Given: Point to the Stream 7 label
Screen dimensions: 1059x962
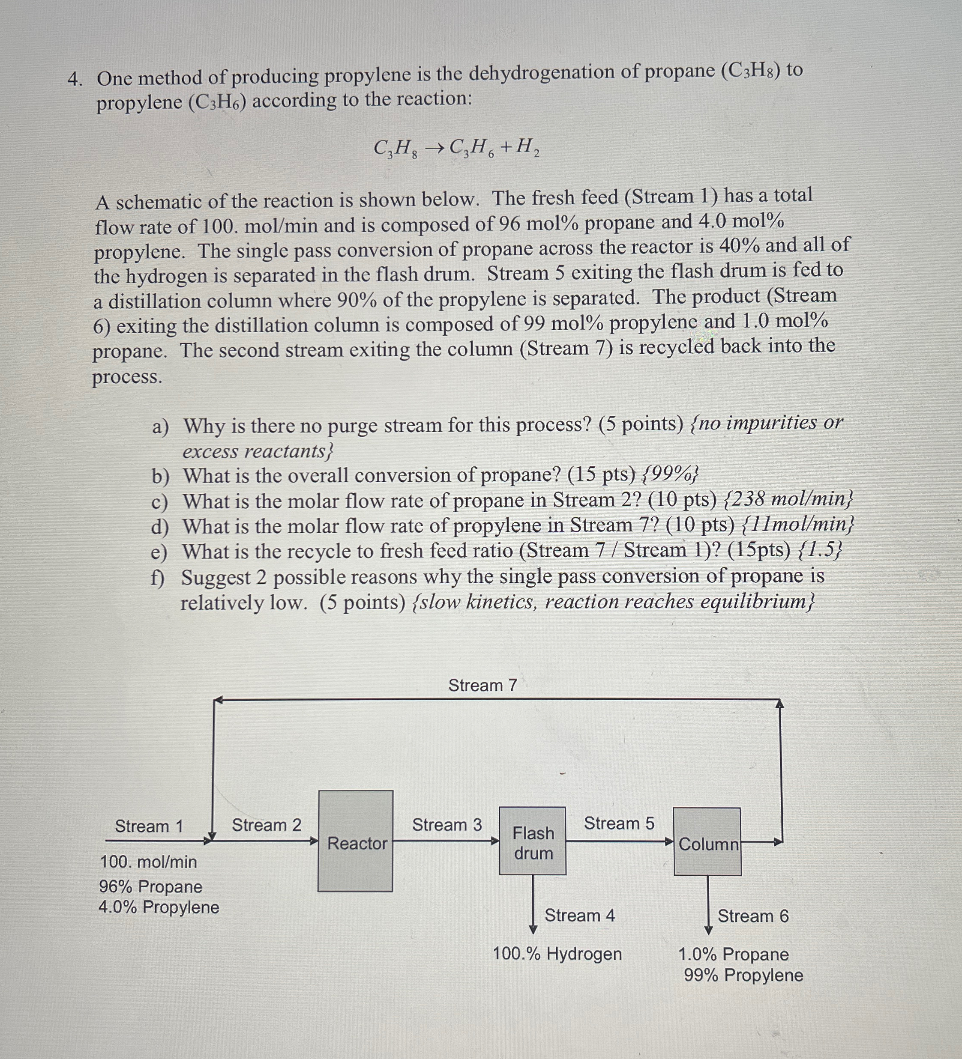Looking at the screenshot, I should pyautogui.click(x=482, y=685).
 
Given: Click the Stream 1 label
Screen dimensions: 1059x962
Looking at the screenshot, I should pyautogui.click(x=149, y=826).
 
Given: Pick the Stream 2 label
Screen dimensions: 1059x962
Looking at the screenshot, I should pyautogui.click(x=267, y=825).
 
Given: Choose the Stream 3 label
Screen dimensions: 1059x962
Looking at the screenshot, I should pyautogui.click(x=447, y=825).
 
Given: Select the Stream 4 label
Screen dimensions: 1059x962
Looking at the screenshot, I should pyautogui.click(x=579, y=915).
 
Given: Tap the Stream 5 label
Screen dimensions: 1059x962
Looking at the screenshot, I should pyautogui.click(x=619, y=823).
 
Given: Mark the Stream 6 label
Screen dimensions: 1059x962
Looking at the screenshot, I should pyautogui.click(x=753, y=916).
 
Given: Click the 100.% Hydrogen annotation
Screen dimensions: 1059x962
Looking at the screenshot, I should pyautogui.click(x=557, y=953).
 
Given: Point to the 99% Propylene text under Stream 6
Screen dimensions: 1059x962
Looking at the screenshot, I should pyautogui.click(x=743, y=975).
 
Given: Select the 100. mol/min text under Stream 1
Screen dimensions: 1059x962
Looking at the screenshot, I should pyautogui.click(x=149, y=862).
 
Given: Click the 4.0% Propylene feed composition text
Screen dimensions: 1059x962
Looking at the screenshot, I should pyautogui.click(x=159, y=907).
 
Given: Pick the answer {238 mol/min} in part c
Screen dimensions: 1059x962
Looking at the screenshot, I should pyautogui.click(x=788, y=498).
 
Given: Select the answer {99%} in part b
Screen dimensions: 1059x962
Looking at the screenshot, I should pyautogui.click(x=670, y=474).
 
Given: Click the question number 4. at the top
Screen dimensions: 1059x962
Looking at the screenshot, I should pyautogui.click(x=75, y=79).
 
